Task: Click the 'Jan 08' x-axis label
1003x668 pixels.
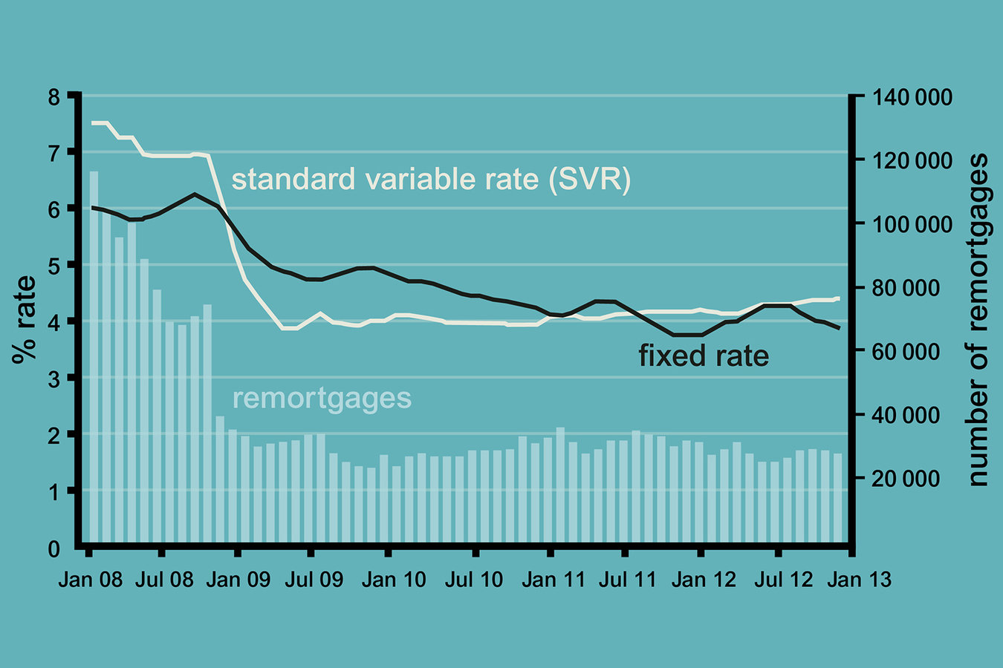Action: [x=90, y=580]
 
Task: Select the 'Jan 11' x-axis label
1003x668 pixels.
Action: [x=553, y=580]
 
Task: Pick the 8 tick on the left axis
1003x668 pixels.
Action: [x=53, y=97]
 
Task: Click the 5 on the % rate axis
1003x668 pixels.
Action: [x=53, y=266]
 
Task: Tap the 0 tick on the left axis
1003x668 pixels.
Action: [x=53, y=549]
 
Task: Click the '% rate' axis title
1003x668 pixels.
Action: [x=25, y=319]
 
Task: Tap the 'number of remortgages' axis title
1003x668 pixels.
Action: [x=978, y=320]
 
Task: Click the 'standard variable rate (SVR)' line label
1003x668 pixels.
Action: [x=431, y=180]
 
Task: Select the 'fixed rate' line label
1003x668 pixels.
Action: [x=704, y=356]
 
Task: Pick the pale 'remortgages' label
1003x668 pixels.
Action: [x=322, y=398]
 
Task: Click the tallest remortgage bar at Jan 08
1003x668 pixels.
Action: [x=94, y=356]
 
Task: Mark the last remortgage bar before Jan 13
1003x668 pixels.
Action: [x=837, y=497]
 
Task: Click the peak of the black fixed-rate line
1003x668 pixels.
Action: [x=195, y=194]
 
